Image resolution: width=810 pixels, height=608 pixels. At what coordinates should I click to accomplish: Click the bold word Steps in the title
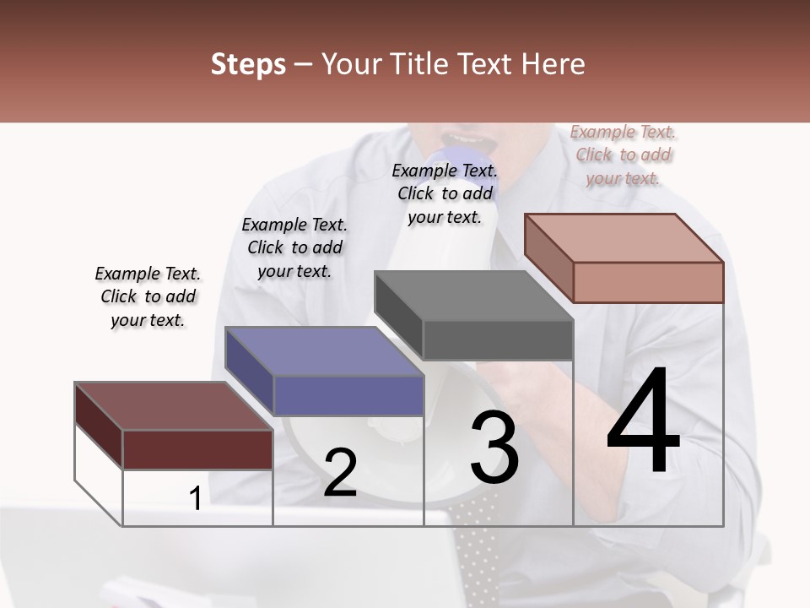click(x=248, y=64)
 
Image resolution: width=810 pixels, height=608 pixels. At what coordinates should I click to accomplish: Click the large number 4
click(x=643, y=422)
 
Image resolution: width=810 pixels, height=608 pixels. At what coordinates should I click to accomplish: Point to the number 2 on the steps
click(x=340, y=473)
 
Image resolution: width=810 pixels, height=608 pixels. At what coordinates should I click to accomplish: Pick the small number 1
click(x=195, y=499)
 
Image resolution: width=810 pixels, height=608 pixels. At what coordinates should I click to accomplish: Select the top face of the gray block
click(x=472, y=296)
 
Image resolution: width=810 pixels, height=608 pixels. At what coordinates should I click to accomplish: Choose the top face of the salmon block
click(x=624, y=238)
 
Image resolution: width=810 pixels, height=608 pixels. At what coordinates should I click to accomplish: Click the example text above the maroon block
click(x=148, y=296)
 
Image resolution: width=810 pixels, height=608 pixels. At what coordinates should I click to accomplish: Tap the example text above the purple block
click(x=294, y=247)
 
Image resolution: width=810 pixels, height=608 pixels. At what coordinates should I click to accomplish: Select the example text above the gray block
click(x=445, y=193)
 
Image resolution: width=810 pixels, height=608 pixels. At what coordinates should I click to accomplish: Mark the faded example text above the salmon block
click(x=624, y=155)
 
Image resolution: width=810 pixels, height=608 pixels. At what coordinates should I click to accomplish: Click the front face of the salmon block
click(x=648, y=282)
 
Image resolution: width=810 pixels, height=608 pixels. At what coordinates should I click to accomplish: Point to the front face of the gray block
click(x=498, y=340)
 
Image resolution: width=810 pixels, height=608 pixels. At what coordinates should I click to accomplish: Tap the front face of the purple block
click(x=348, y=396)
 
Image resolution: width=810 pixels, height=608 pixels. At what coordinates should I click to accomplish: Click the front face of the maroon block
click(x=197, y=449)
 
